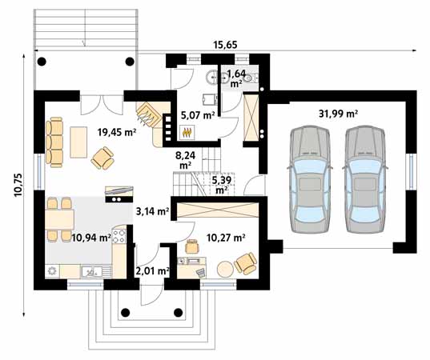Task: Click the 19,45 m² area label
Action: coord(116,133)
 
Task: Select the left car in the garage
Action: coord(308,178)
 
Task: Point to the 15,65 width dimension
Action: coord(229,46)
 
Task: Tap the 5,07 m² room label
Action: coord(196,115)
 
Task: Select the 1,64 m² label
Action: coord(236,78)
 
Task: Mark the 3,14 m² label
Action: coord(151,212)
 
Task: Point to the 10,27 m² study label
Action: coord(226,237)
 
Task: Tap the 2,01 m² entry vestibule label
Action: coord(151,271)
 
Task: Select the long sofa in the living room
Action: coord(54,142)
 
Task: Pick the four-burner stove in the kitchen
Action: coord(119,237)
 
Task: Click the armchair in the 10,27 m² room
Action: coord(244,262)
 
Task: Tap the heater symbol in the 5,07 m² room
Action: coord(188,133)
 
